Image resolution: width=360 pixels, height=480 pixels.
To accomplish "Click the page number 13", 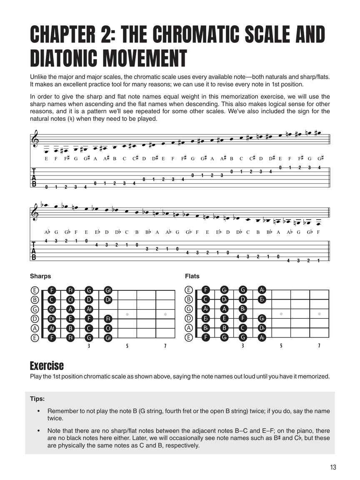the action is (x=332, y=467).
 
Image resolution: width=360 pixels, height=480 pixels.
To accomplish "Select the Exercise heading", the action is (x=47, y=366).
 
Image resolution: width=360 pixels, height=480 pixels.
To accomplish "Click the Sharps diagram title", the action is (x=40, y=276).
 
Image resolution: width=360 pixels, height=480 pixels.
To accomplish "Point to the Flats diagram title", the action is (x=192, y=276).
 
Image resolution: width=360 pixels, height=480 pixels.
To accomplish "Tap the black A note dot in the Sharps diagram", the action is (x=70, y=309).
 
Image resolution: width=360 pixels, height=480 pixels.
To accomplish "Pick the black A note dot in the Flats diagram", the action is (x=225, y=309).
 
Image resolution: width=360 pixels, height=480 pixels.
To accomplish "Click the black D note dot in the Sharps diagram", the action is (x=89, y=300).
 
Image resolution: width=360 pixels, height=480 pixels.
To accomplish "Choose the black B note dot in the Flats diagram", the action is (x=225, y=328).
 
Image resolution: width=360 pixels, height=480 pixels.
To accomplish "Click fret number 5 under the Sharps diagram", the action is (x=127, y=346).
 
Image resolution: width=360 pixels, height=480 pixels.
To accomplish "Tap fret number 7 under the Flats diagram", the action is (x=319, y=346).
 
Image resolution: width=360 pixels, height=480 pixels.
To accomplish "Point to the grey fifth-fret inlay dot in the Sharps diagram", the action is (x=127, y=314).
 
